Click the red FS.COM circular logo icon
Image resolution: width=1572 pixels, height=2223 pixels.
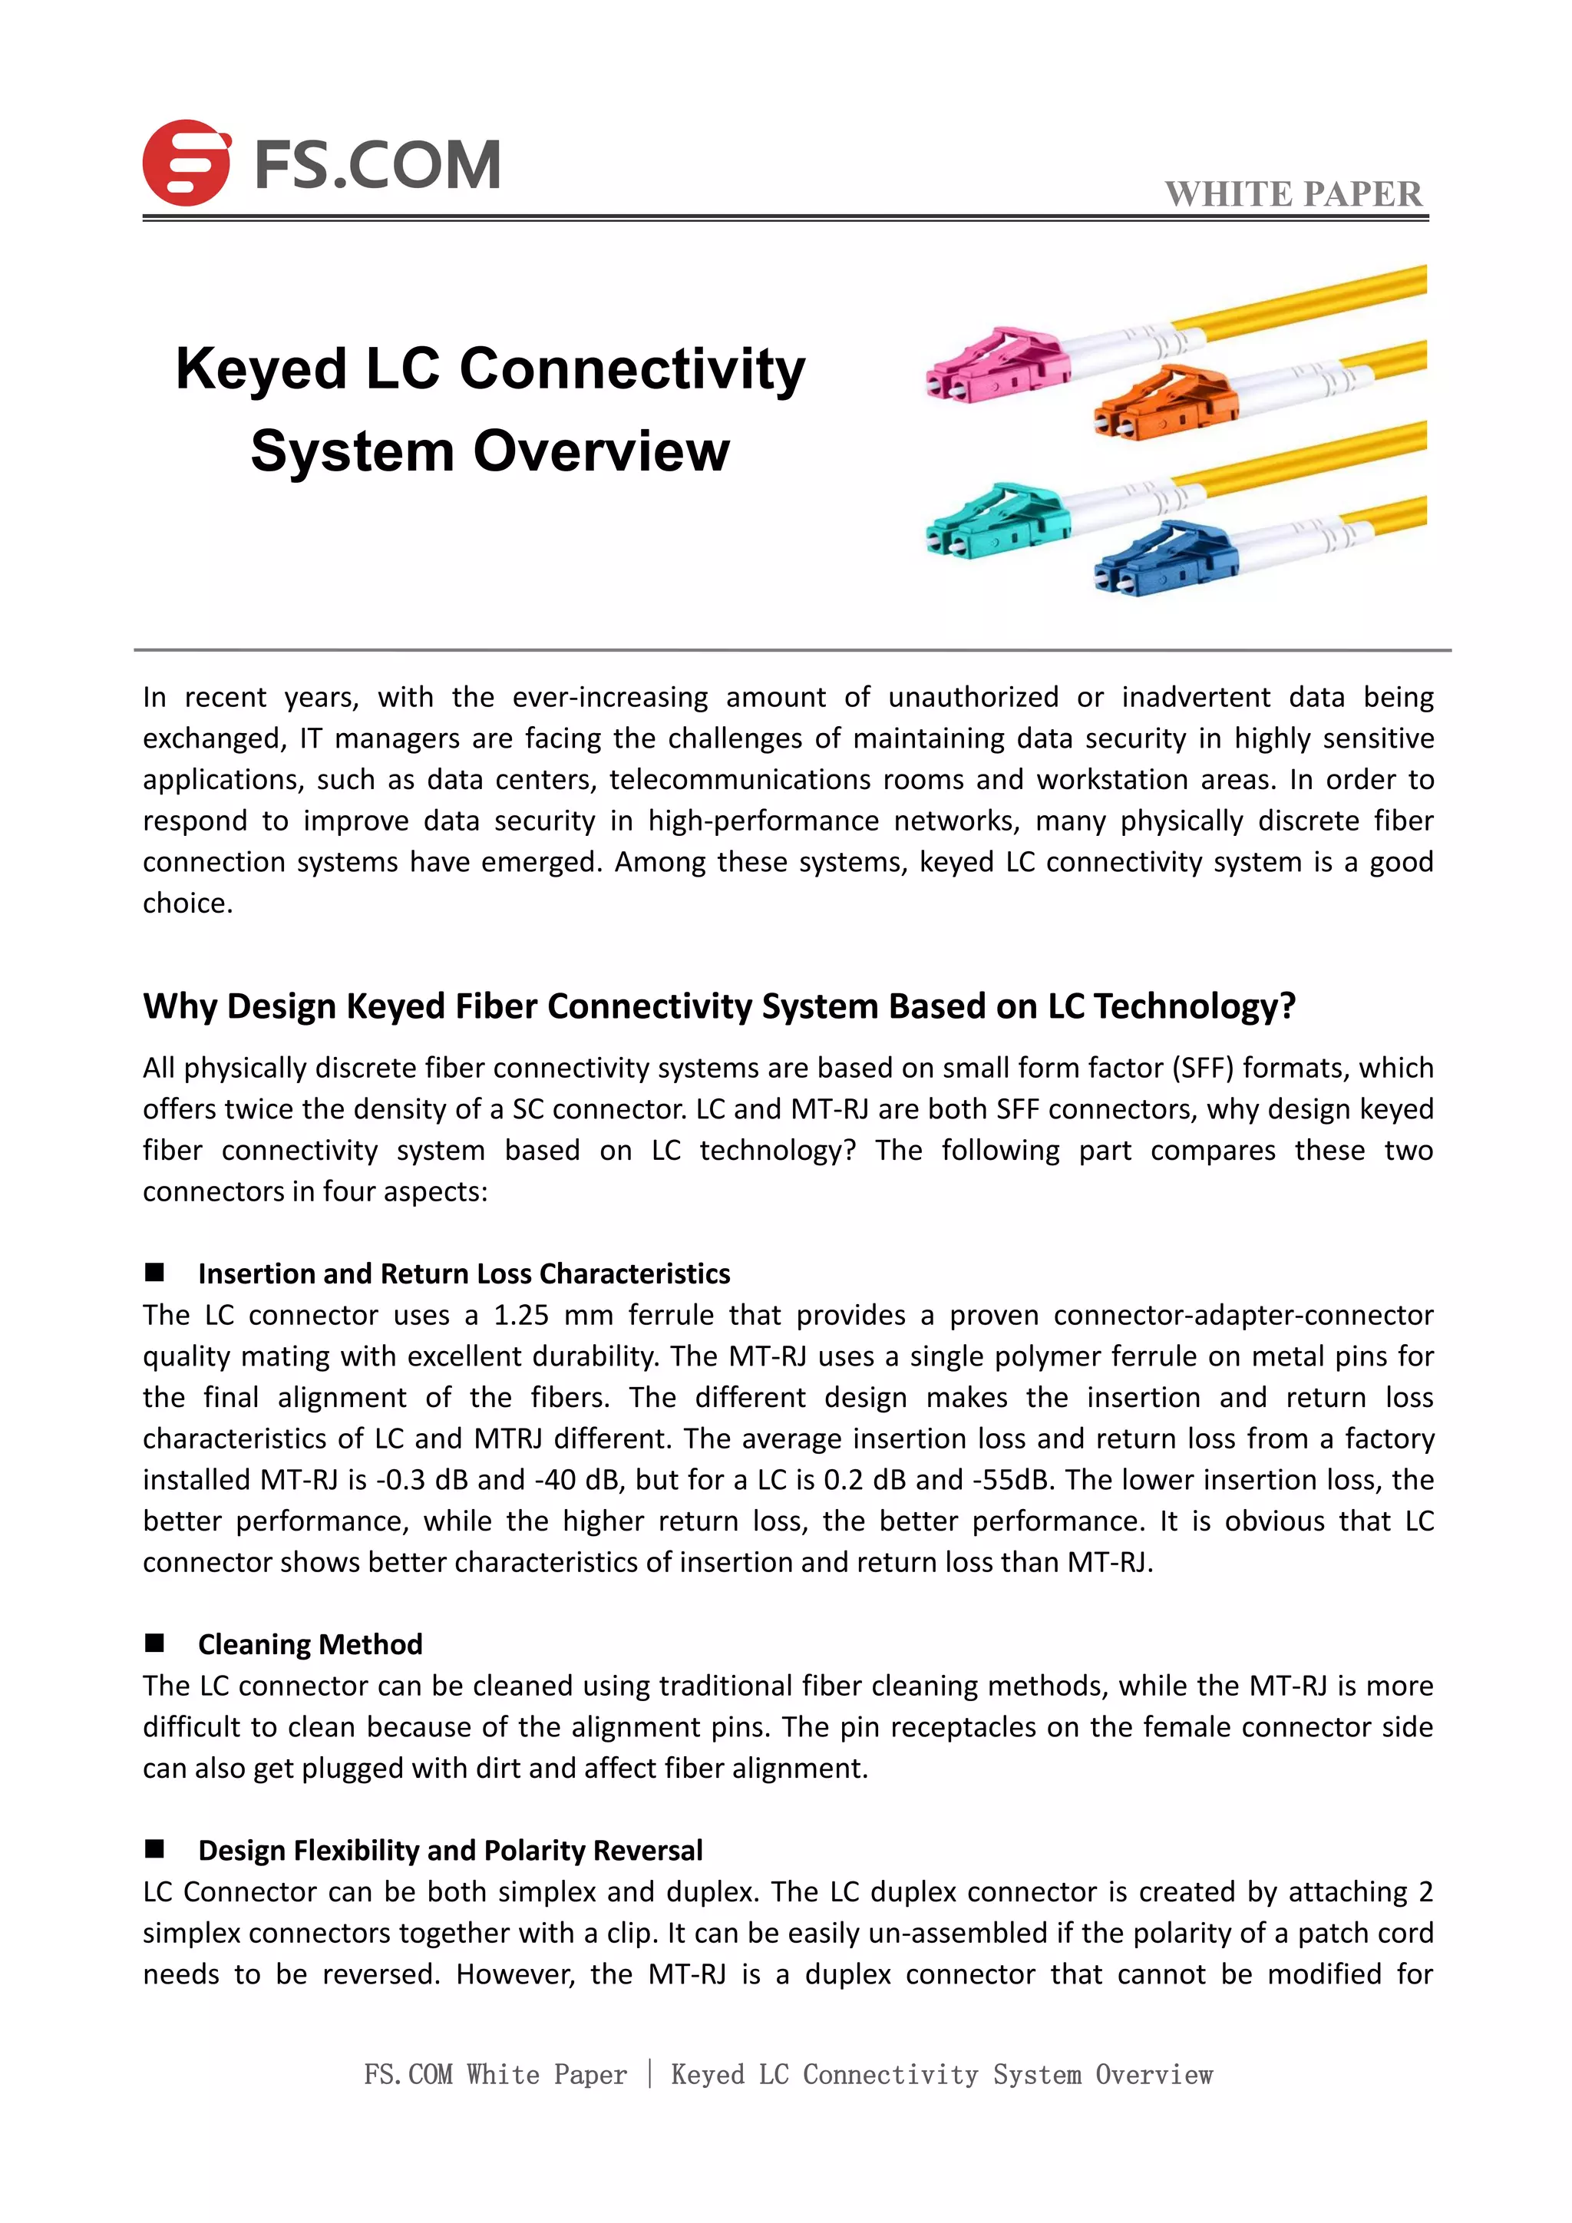[186, 163]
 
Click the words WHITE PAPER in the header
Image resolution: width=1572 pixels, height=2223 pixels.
[1293, 193]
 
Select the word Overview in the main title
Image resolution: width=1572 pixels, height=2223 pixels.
[601, 451]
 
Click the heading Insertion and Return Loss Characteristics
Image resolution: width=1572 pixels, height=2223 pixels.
[464, 1273]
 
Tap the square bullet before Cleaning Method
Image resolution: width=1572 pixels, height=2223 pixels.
[154, 1643]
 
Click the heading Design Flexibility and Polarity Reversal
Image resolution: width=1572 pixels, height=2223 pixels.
[450, 1850]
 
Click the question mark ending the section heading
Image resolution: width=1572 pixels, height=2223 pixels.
[1286, 1006]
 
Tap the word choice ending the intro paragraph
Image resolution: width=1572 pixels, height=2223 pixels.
[186, 903]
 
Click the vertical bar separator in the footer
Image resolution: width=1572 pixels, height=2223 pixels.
[649, 2074]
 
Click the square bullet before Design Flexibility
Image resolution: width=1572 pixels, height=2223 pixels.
[154, 1849]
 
